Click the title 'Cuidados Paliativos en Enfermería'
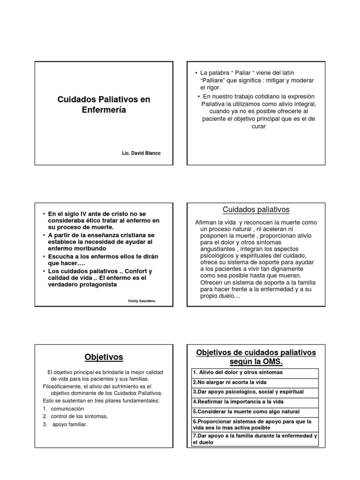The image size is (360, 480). click(105, 105)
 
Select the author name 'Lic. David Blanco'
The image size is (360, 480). click(141, 153)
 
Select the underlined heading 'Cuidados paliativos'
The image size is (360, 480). click(256, 210)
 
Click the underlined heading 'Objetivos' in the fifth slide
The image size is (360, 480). click(104, 357)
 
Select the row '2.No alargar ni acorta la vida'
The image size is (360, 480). click(226, 382)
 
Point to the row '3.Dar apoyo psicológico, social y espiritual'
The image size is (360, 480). click(248, 391)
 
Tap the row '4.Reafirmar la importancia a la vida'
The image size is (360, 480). click(238, 402)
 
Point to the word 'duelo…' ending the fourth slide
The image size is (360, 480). click(230, 296)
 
